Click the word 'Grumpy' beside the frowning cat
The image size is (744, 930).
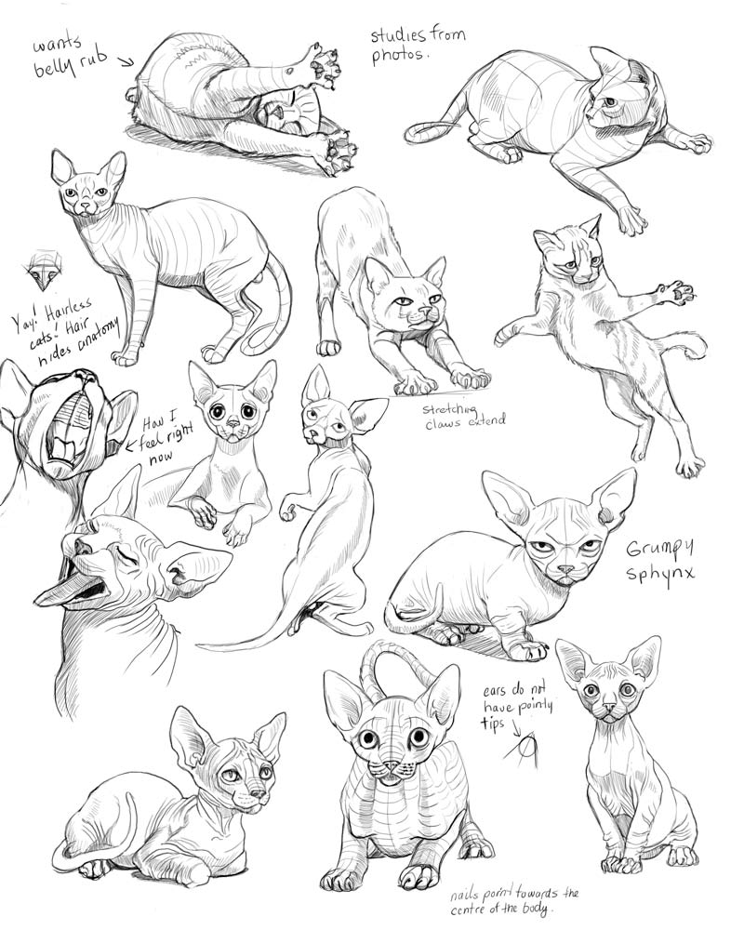tap(659, 550)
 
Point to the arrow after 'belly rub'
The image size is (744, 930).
tap(126, 61)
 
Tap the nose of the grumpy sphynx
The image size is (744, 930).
tap(565, 569)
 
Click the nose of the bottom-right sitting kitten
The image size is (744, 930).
tap(609, 707)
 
